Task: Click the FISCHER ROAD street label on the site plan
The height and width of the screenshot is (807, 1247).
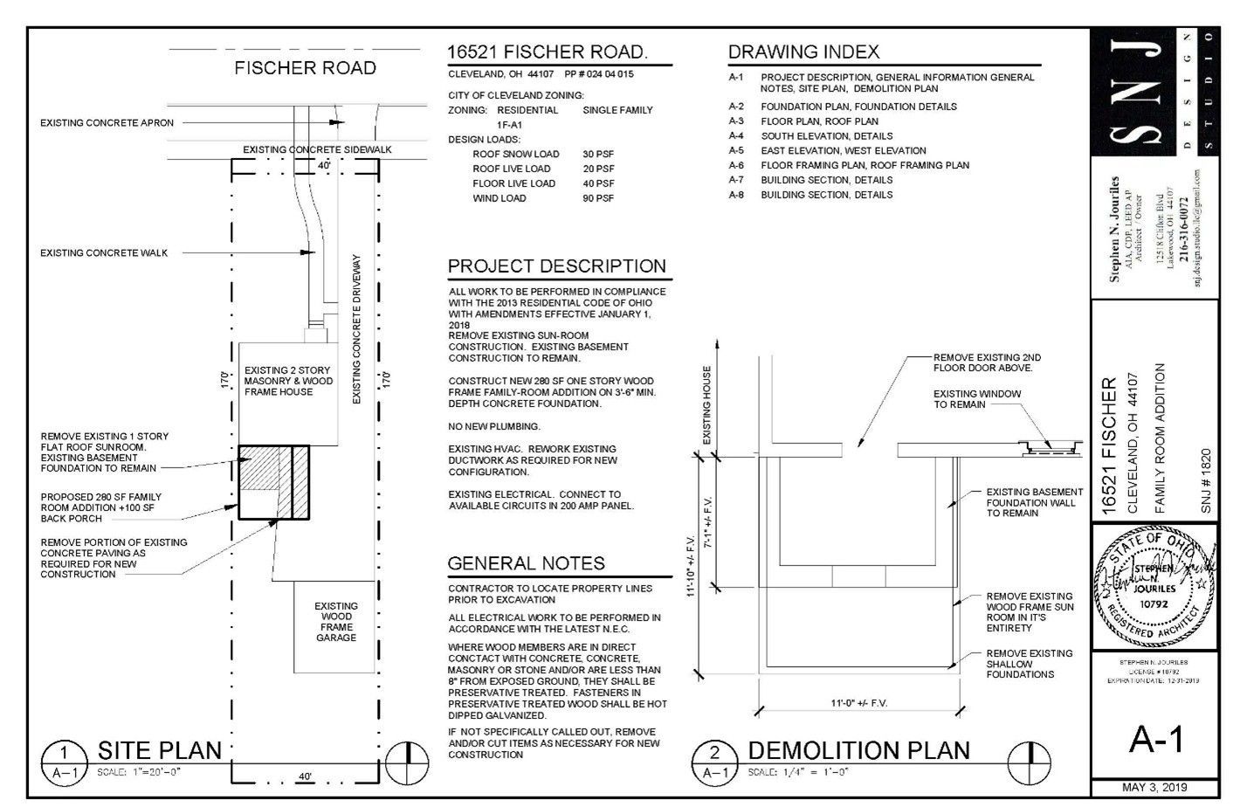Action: point(305,68)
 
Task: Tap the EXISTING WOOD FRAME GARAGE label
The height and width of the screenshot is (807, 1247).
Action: point(336,621)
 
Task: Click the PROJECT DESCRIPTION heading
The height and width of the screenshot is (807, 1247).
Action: point(556,266)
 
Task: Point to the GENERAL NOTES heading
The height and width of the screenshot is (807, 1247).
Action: point(526,563)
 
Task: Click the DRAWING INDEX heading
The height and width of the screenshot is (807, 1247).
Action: point(803,52)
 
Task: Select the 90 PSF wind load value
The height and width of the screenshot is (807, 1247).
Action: point(598,198)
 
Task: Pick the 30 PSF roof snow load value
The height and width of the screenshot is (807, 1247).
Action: point(598,154)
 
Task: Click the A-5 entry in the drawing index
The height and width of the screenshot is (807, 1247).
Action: point(736,150)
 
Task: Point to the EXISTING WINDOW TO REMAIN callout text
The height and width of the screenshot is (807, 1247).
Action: point(976,399)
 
